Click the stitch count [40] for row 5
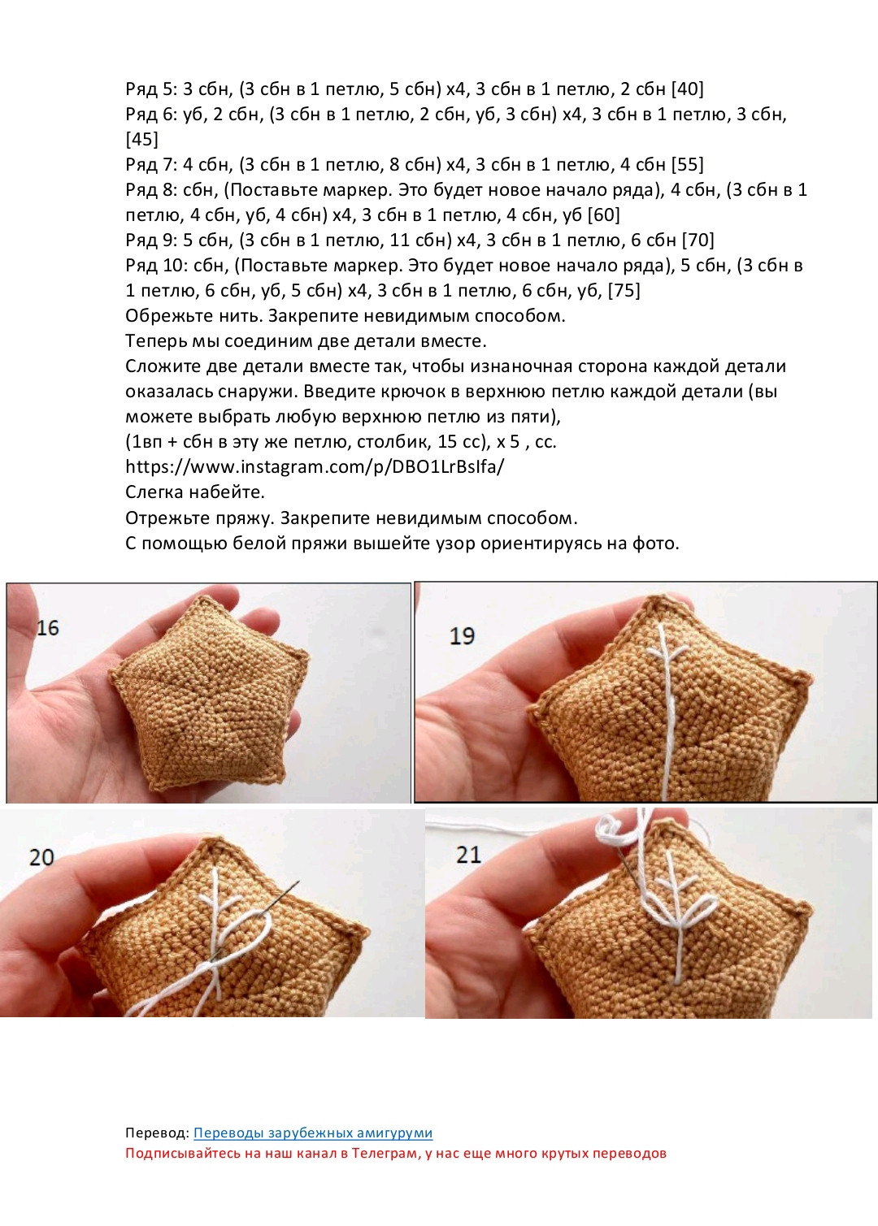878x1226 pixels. (688, 89)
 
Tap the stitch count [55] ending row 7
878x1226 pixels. (688, 164)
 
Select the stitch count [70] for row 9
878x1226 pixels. (698, 240)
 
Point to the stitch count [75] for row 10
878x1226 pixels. (624, 290)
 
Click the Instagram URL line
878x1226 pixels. (315, 467)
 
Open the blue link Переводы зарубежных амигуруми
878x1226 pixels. (313, 1133)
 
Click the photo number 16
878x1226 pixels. (48, 628)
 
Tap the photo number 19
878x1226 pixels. (462, 636)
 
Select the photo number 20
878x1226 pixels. (41, 857)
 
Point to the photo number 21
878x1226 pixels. (468, 855)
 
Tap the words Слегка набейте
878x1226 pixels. (195, 492)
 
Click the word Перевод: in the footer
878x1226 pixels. (157, 1133)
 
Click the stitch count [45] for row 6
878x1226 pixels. (141, 139)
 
